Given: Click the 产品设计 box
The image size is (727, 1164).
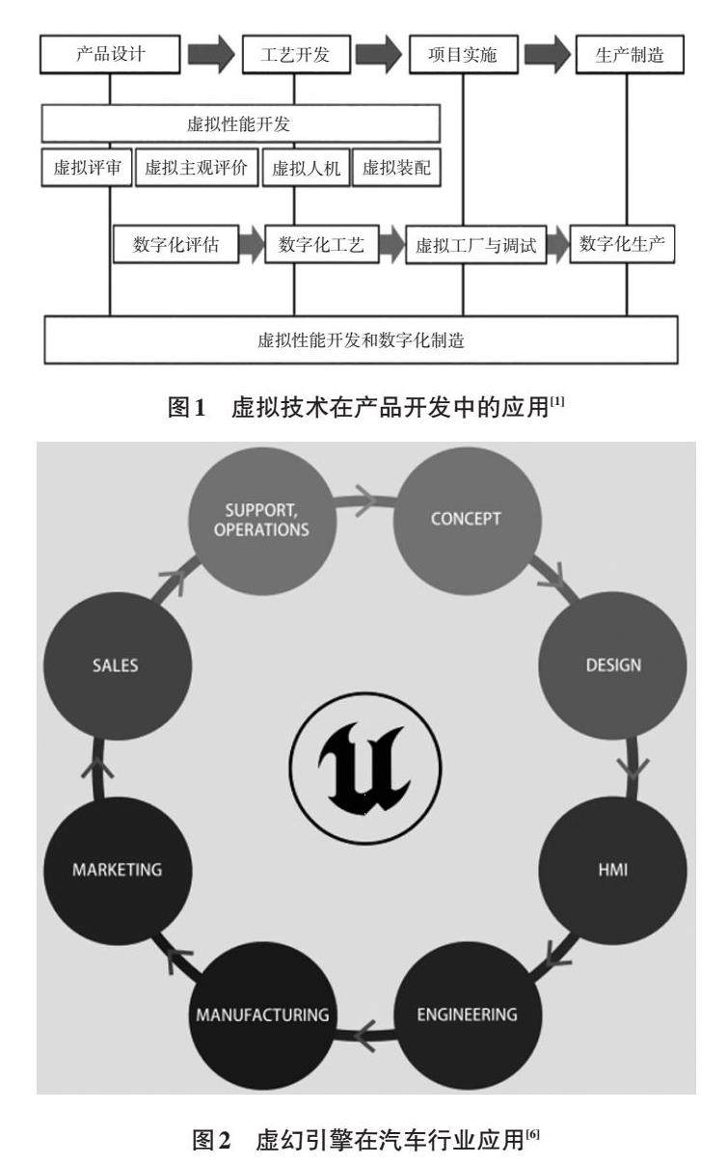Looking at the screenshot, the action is [x=110, y=55].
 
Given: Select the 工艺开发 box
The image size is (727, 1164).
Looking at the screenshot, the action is [x=294, y=55].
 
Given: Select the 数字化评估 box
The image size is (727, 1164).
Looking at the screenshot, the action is [x=175, y=245].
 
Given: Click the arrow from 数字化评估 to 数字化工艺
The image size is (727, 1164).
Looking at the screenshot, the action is [x=251, y=245].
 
